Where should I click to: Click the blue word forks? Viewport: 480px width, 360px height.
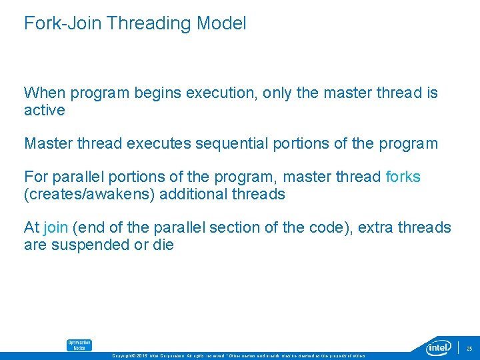403,177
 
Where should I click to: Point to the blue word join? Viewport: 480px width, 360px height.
55,228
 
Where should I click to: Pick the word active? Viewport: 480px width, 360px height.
44,110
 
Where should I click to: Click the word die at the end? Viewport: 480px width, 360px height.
163,245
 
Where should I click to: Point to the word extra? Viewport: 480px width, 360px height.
375,228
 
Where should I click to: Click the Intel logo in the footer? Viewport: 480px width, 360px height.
439,347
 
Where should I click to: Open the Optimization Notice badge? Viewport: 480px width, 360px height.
79,345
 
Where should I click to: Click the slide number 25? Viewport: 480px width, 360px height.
469,348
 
